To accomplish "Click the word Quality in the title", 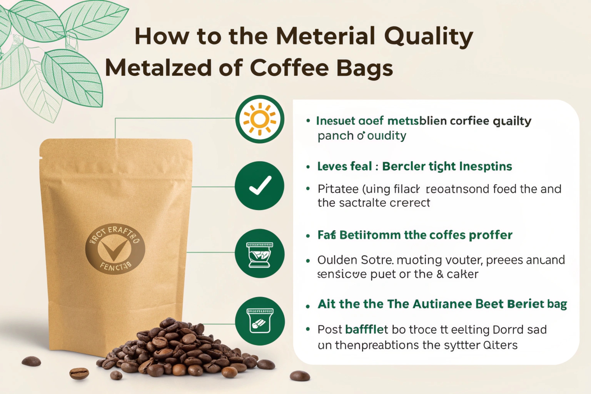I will coord(428,37).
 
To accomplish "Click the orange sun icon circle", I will coord(260,119).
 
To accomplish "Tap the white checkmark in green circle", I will coord(260,186).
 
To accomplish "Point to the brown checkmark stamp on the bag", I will coord(114,249).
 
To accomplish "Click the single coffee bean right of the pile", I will coord(299,376).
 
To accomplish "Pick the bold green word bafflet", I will coord(366,329).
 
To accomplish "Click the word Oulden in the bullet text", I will coord(333,260).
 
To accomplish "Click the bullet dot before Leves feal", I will coord(308,167).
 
